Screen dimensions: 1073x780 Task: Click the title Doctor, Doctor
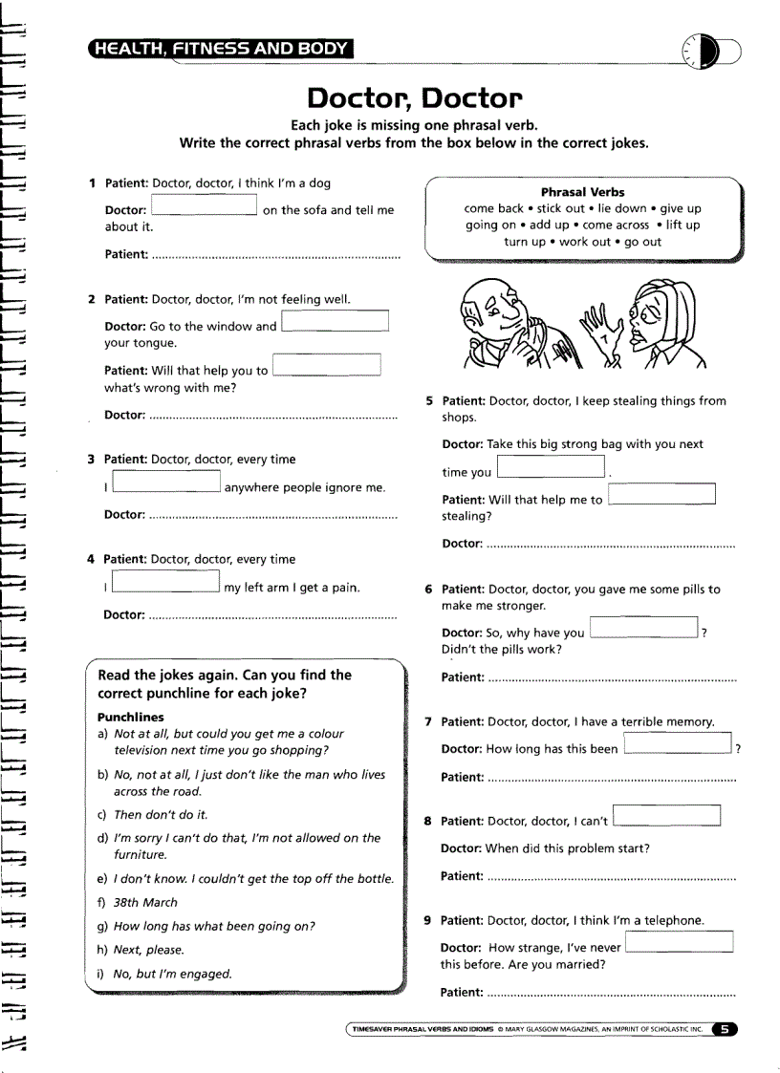pyautogui.click(x=414, y=98)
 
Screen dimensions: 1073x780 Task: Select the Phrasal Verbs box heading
pyautogui.click(x=582, y=192)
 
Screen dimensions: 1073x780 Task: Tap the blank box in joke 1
pyautogui.click(x=205, y=205)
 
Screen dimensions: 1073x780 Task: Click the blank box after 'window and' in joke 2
pyautogui.click(x=336, y=321)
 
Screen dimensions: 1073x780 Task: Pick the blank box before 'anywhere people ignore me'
pyautogui.click(x=166, y=483)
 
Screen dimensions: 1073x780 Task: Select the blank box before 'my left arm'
pyautogui.click(x=166, y=582)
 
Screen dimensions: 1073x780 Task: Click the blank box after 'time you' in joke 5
pyautogui.click(x=552, y=467)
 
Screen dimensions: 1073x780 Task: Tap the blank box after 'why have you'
pyautogui.click(x=644, y=628)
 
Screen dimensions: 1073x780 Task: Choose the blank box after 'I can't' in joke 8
pyautogui.click(x=666, y=816)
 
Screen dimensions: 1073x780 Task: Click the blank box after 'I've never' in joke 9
pyautogui.click(x=679, y=942)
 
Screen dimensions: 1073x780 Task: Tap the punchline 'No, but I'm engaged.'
pyautogui.click(x=172, y=974)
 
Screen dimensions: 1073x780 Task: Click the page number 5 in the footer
pyautogui.click(x=725, y=1029)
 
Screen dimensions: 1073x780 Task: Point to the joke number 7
pyautogui.click(x=428, y=722)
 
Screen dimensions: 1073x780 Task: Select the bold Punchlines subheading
pyautogui.click(x=131, y=717)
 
